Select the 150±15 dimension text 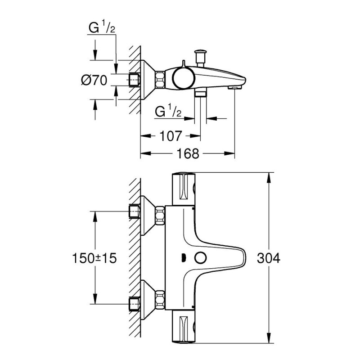[94, 258]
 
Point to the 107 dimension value [171, 135]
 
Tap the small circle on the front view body [200, 258]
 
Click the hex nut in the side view [160, 80]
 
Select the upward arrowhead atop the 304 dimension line [270, 177]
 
